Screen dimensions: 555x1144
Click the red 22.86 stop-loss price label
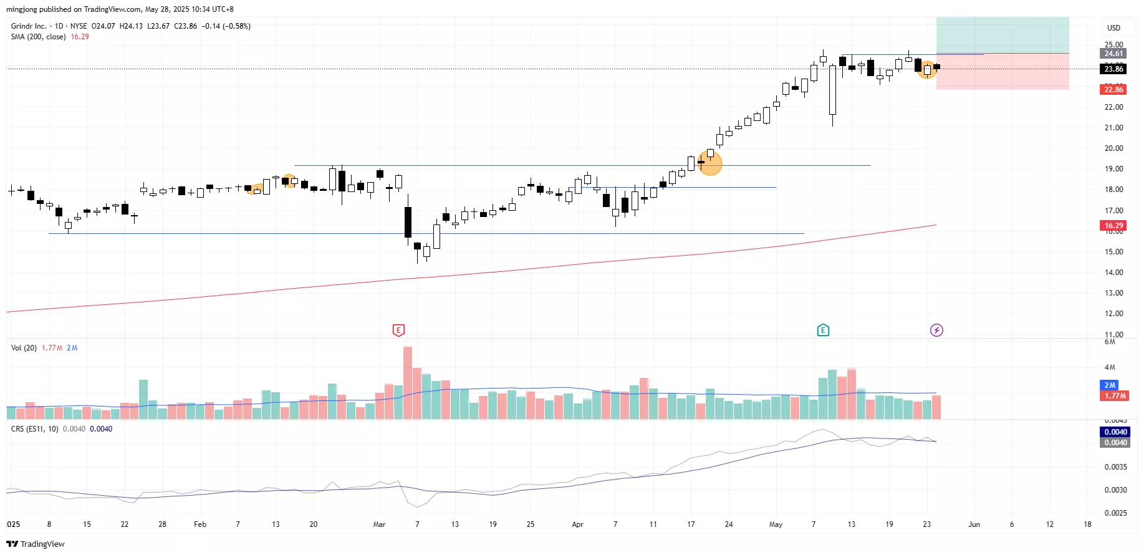click(1113, 90)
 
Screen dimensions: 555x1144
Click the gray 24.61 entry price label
click(1113, 54)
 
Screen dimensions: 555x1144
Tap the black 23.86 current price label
click(1113, 69)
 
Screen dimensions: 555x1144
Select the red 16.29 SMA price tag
click(1113, 226)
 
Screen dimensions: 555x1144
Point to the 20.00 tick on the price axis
click(1113, 148)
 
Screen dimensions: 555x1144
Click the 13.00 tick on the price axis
click(1113, 293)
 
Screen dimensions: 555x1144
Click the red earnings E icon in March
click(398, 330)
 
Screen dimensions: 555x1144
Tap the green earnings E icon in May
click(823, 330)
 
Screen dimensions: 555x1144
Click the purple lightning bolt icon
click(936, 330)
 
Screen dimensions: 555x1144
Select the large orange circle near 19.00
click(710, 163)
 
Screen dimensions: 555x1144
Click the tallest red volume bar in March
click(408, 382)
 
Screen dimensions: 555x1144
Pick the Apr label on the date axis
click(577, 524)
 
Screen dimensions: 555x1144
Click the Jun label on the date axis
click(974, 524)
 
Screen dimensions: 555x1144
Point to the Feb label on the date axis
click(200, 524)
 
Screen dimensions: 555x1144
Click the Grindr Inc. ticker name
click(29, 26)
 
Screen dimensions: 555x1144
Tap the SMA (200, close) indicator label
click(38, 37)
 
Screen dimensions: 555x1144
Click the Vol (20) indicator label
click(24, 348)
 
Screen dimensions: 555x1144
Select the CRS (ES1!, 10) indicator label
click(35, 429)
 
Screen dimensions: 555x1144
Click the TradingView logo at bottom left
click(36, 544)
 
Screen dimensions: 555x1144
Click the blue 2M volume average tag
click(1110, 385)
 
